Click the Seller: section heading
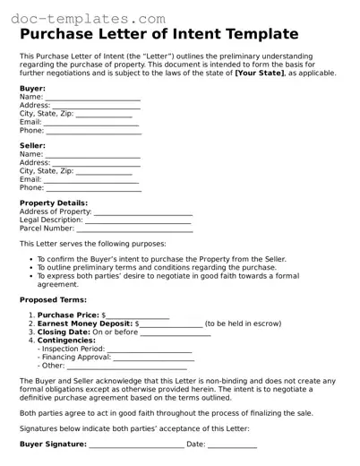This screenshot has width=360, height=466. point(32,145)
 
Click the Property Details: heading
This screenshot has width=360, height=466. point(54,203)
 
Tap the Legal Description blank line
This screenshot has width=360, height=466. point(139,220)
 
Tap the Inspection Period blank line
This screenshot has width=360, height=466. point(152,349)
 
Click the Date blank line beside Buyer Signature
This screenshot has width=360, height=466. point(233,444)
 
